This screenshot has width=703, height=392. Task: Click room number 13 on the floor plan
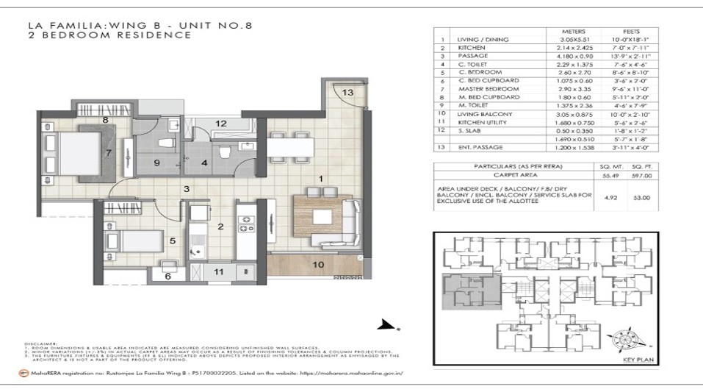point(347,92)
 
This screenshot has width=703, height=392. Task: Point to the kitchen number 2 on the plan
point(220,227)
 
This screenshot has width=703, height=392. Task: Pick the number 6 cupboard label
point(167,276)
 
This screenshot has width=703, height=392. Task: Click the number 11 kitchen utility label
point(217,272)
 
